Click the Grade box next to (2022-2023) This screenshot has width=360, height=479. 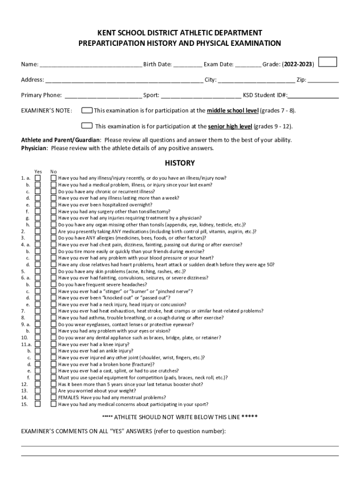tap(331, 62)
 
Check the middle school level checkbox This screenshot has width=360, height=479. tap(86, 110)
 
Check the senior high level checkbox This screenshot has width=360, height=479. tap(86, 125)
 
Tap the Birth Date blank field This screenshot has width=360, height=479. tap(188, 65)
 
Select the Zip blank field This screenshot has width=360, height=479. tap(323, 80)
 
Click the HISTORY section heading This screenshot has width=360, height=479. tap(180, 163)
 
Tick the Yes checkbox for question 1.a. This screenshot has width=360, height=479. tap(38, 178)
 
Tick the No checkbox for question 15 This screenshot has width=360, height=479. tap(53, 404)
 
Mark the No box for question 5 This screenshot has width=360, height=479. tap(53, 271)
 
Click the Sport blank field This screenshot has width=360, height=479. tap(201, 95)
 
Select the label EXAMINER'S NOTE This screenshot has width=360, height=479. tap(47, 111)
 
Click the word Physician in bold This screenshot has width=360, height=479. tap(34, 148)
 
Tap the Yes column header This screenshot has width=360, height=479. tap(38, 171)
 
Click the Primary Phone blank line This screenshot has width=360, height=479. tap(103, 95)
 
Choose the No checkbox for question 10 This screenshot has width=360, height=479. tap(53, 337)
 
